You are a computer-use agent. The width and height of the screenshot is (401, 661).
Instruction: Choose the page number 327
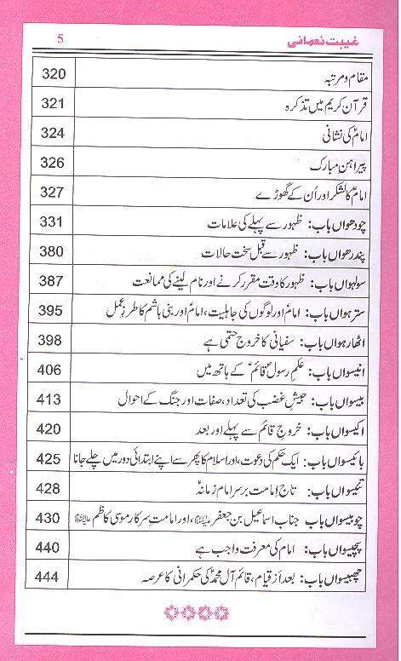pos(53,193)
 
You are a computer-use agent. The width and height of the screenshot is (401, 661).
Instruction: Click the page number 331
pos(53,222)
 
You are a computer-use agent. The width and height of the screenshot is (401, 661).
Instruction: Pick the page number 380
pos(53,252)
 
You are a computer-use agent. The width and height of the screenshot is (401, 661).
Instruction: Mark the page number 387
pos(53,281)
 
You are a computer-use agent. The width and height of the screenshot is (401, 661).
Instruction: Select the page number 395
pos(53,311)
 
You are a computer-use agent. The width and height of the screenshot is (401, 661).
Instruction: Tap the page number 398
pos(53,341)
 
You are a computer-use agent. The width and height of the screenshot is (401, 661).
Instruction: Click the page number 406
pos(53,371)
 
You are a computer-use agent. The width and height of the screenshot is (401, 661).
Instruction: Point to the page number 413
pos(53,399)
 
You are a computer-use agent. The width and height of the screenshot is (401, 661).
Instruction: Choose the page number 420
pos(53,428)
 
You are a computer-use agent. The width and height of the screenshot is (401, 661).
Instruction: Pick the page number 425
pos(53,458)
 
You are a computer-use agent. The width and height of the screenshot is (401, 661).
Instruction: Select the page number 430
pos(53,517)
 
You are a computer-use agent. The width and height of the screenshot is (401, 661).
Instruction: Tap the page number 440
pos(53,548)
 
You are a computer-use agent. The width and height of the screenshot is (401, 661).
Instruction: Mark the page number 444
pos(53,578)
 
